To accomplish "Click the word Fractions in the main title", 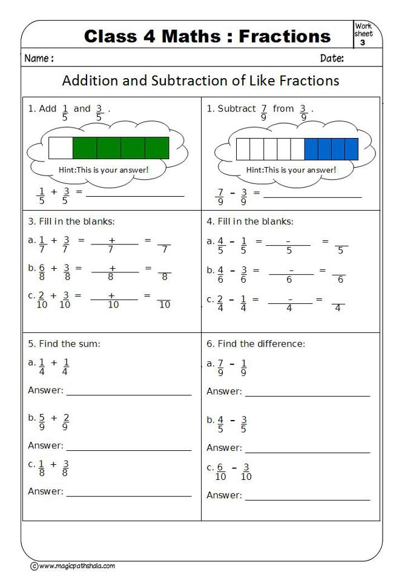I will (x=285, y=36).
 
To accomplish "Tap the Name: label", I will (x=39, y=59).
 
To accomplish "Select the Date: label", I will (x=332, y=59).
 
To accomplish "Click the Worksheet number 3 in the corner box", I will (x=363, y=42).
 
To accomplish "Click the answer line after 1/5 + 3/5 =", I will (x=134, y=195).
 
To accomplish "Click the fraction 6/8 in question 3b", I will (x=42, y=272).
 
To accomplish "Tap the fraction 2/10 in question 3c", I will (x=42, y=300).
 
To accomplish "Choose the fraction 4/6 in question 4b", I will (x=221, y=275).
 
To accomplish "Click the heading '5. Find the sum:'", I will (x=64, y=344).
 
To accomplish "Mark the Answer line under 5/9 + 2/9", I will (x=128, y=450).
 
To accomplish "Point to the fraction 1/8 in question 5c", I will (x=42, y=469).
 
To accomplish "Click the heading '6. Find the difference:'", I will (x=255, y=344).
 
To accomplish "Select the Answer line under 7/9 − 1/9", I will (x=307, y=396).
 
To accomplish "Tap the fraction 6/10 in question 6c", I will (x=221, y=472).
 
